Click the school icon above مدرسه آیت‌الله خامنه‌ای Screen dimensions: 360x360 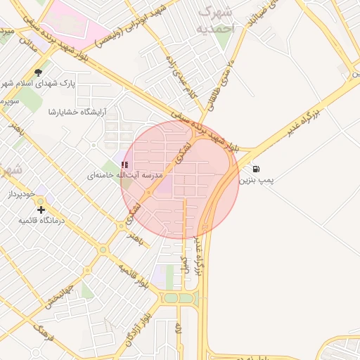click(125, 165)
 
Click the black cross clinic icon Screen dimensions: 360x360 click(41, 210)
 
